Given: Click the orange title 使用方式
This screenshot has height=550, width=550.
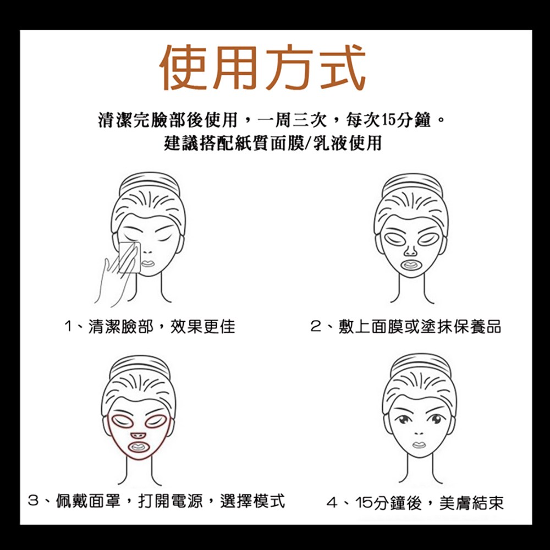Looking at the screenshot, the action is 263,67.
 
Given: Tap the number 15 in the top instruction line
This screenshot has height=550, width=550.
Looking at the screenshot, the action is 388,120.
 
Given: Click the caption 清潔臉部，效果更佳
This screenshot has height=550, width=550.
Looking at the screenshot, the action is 161,327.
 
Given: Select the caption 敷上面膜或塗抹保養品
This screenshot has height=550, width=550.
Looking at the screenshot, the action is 420,327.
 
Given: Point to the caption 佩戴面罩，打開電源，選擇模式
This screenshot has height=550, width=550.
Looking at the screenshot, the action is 170,501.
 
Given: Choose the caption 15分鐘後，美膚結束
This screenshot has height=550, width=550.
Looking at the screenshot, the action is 430,503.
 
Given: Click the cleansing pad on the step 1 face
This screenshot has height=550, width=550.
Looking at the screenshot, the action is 129,257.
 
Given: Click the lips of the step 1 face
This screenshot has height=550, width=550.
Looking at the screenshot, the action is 147,263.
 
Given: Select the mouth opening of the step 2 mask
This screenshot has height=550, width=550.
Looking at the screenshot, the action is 411,265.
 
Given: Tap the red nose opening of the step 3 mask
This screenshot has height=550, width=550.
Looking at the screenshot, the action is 138,435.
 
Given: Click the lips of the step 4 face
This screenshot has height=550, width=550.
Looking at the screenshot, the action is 419,445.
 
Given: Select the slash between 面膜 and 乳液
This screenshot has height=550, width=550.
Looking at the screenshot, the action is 309,143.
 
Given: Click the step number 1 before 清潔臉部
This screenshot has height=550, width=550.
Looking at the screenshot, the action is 68,327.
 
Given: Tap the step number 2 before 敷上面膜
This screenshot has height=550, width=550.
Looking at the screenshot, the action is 316,327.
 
